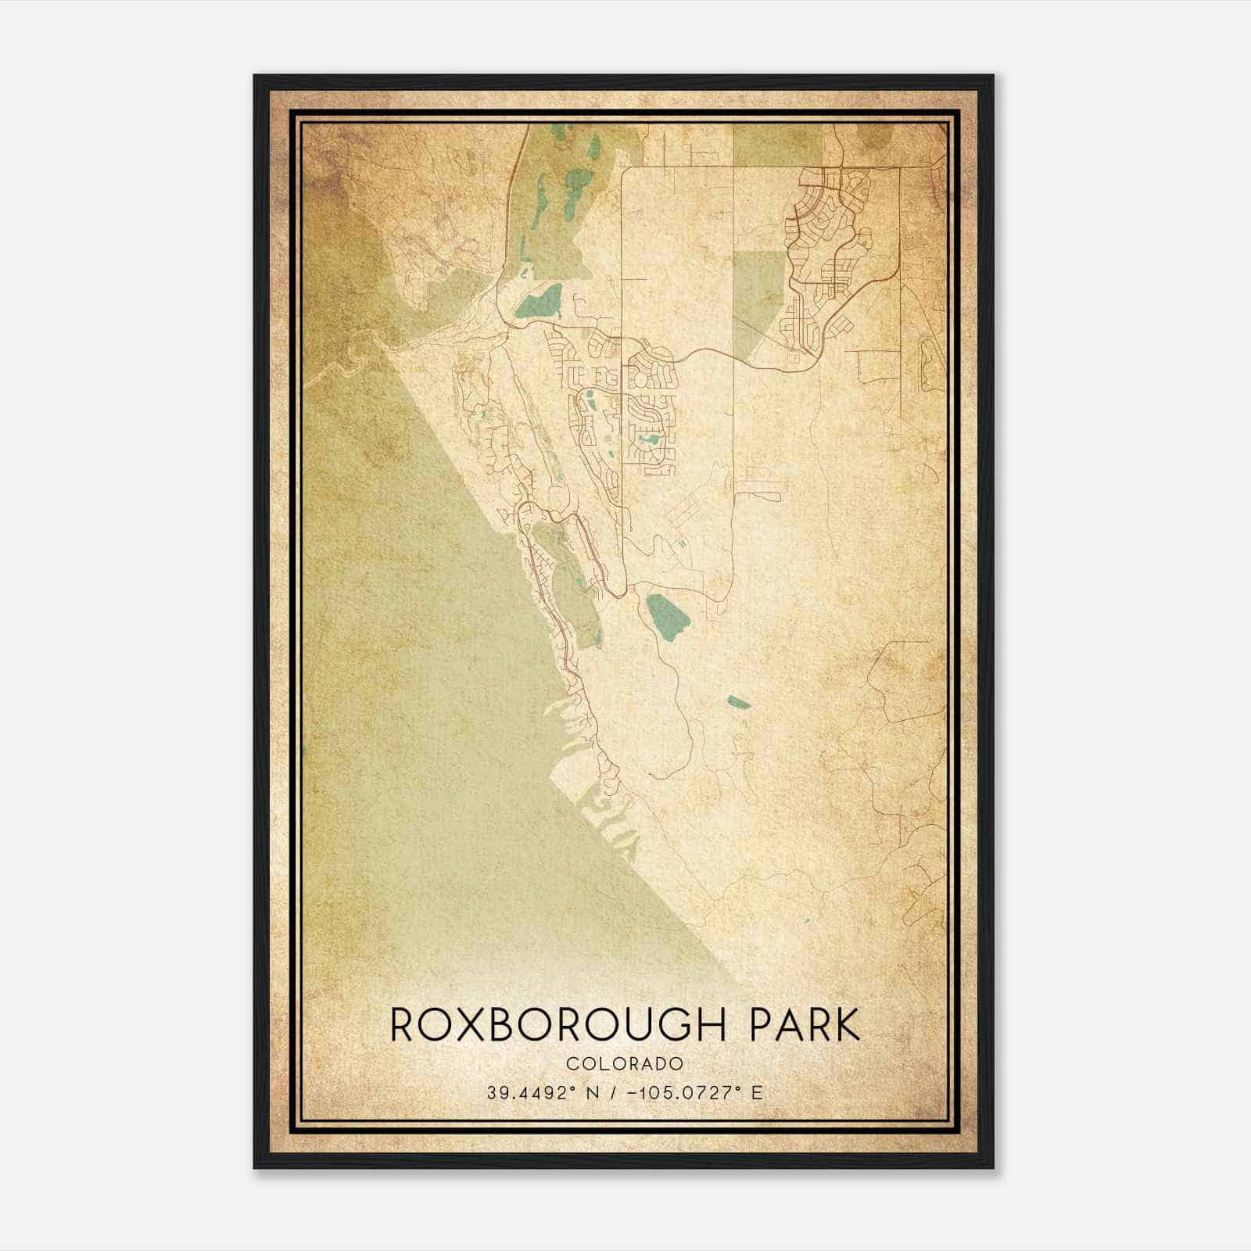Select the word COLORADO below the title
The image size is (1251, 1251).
[625, 1063]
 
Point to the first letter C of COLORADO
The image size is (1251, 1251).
[572, 1063]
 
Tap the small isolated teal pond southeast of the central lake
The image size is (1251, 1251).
[738, 702]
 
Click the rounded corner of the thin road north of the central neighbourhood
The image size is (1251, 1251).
[624, 170]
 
